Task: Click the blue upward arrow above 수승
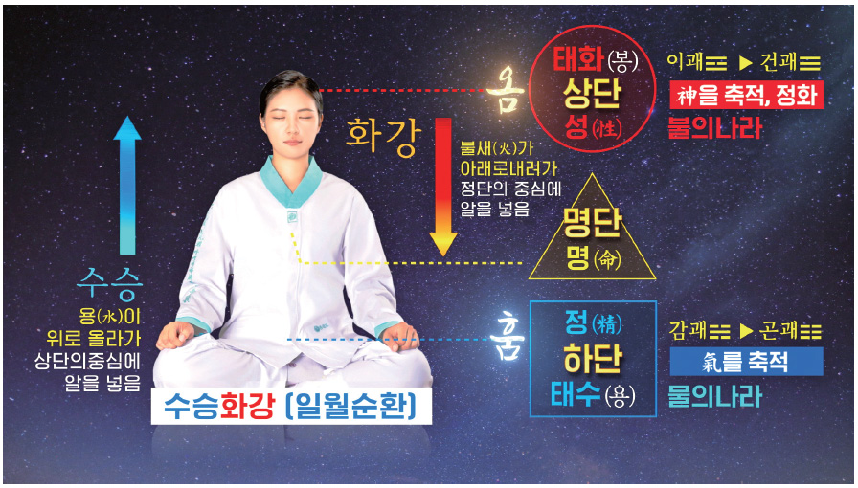point(127,185)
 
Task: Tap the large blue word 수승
point(110,284)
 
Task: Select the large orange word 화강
point(384,137)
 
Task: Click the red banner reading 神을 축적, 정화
point(746,96)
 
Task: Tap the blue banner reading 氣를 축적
point(746,362)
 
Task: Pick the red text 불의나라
point(714,128)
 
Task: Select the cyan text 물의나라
point(714,396)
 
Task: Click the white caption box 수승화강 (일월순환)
point(291,406)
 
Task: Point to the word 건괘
point(779,62)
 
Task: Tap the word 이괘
point(685,62)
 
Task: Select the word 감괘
point(687,330)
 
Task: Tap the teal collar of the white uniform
point(291,182)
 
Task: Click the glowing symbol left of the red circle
point(505,93)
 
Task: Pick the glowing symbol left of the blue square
point(507,341)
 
